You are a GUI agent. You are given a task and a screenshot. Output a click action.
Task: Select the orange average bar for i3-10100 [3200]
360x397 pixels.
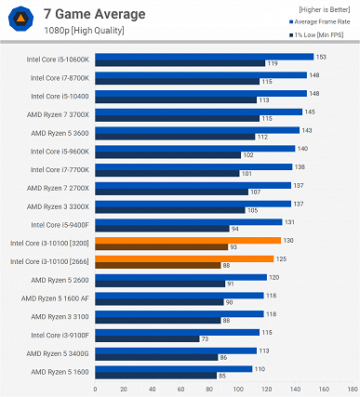(x=200, y=240)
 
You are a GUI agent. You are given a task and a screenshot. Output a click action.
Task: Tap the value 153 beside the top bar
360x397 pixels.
(x=320, y=57)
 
